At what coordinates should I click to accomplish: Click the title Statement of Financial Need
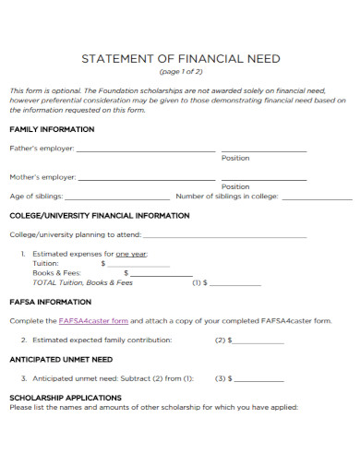pos(181,59)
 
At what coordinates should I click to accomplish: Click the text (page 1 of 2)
pos(181,72)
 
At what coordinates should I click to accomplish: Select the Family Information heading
pos(52,129)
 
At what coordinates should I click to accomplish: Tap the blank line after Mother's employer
pos(148,177)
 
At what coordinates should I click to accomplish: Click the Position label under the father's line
pos(235,159)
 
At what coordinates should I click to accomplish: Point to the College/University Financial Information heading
pos(100,216)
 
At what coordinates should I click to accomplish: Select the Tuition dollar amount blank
pos(139,265)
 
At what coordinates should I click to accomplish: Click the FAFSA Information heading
pos(50,302)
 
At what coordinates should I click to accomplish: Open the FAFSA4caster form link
pos(93,321)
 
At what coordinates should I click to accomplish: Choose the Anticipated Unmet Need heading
pos(61,360)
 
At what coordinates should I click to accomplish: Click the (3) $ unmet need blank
pos(260,379)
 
